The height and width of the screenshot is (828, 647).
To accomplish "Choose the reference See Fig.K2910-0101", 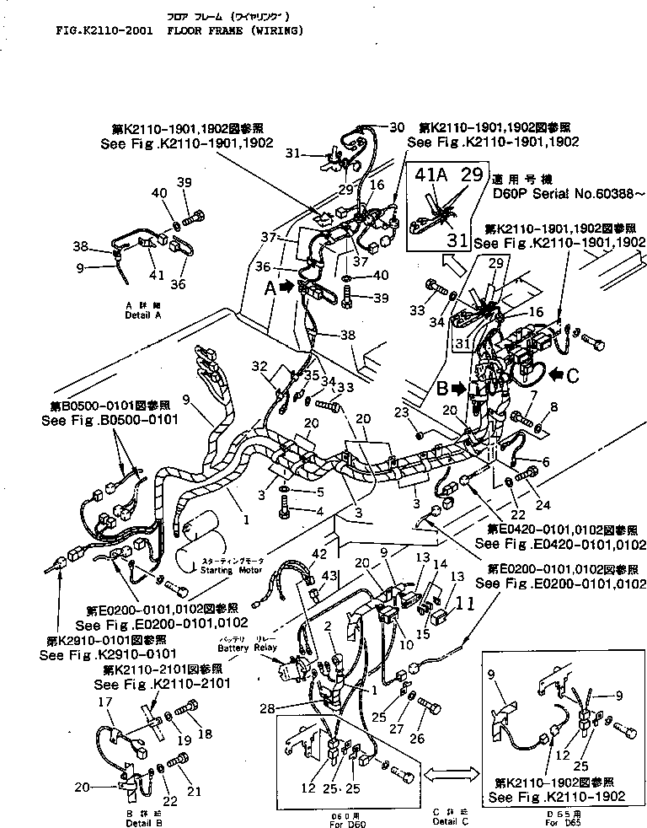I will [x=79, y=653].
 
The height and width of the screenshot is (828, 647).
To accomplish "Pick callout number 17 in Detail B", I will [x=105, y=701].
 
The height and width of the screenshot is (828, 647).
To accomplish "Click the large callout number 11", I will [x=465, y=603].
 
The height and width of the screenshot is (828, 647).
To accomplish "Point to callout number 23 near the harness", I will [x=401, y=412].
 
